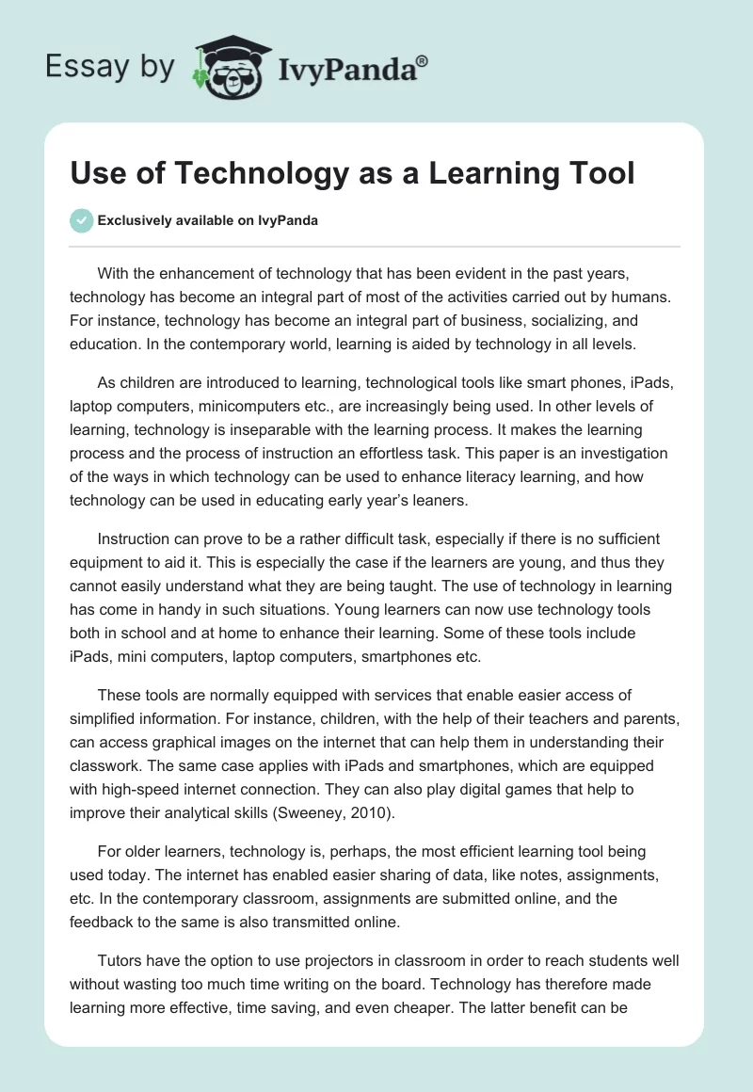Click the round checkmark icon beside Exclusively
tap(82, 220)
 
